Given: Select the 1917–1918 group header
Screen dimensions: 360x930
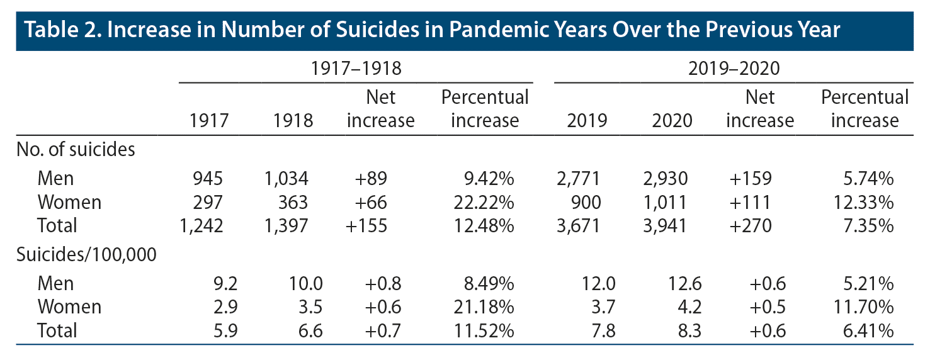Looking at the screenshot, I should point(356,69).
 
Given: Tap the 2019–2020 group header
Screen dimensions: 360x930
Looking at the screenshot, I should point(734,69).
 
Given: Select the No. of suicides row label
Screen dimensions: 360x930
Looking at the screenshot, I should point(76,150).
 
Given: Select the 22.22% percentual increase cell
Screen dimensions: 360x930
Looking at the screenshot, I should point(485,202).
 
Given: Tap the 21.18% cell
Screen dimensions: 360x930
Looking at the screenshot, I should point(485,307).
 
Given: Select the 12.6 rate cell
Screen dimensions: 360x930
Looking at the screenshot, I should point(675,283).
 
